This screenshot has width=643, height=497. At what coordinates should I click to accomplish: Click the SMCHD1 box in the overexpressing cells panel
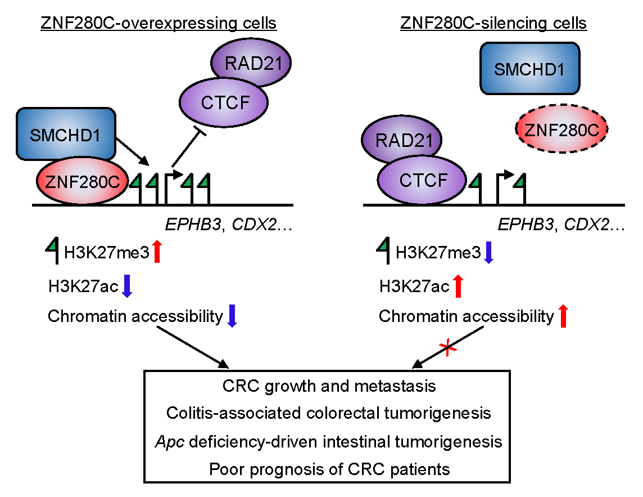pyautogui.click(x=66, y=133)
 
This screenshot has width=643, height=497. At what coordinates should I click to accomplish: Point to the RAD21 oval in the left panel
pyautogui.click(x=249, y=62)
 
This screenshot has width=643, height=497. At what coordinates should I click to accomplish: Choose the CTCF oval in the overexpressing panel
pyautogui.click(x=223, y=102)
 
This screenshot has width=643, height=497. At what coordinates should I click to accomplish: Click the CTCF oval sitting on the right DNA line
pyautogui.click(x=422, y=180)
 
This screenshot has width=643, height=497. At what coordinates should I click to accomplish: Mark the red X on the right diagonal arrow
pyautogui.click(x=448, y=349)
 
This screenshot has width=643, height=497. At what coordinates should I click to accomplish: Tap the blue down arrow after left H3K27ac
pyautogui.click(x=126, y=285)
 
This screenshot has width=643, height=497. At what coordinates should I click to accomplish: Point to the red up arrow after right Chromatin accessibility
pyautogui.click(x=564, y=316)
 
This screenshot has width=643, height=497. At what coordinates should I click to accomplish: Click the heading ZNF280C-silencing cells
pyautogui.click(x=493, y=24)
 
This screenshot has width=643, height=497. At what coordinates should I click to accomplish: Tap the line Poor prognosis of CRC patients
pyautogui.click(x=329, y=468)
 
